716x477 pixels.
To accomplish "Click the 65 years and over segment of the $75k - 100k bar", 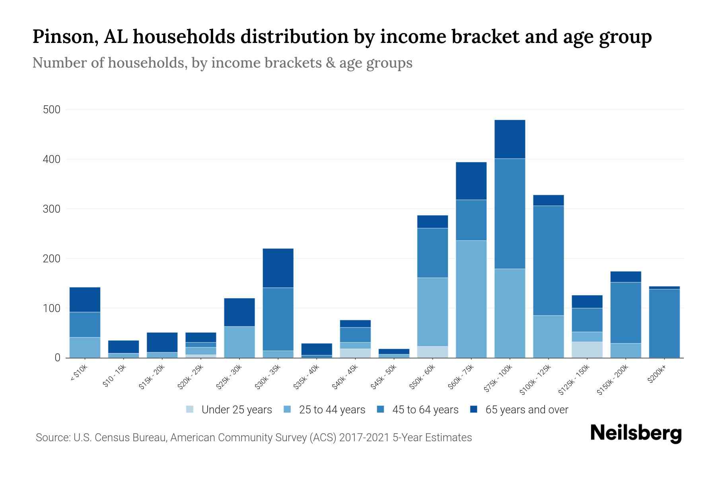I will (510, 139).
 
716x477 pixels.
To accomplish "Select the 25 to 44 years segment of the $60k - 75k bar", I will (471, 299).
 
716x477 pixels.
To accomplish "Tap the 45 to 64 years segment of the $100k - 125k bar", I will (548, 260).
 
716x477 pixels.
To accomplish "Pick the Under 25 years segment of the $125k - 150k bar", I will (587, 350).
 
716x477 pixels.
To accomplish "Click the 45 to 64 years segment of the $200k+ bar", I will (664, 323).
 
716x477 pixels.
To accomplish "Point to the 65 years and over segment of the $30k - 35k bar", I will (278, 268).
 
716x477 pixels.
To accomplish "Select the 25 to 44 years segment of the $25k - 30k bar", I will (239, 342).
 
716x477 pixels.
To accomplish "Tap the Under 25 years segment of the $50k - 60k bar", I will (432, 352).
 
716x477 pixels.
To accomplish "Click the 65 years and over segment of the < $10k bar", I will (85, 299).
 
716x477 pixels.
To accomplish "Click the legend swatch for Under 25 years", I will (190, 409).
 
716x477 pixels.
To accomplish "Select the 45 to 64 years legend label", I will (425, 409).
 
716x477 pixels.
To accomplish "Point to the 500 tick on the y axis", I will (51, 110).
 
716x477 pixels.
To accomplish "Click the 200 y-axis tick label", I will (51, 259).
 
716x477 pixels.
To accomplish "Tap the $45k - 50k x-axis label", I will (384, 377).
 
